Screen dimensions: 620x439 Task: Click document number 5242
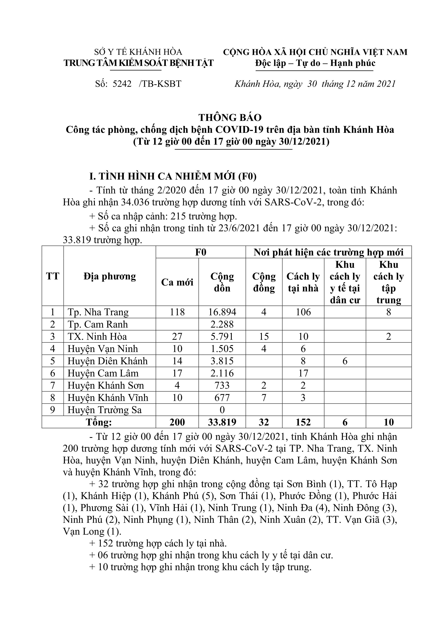pos(122,84)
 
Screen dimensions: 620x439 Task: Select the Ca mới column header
pos(177,282)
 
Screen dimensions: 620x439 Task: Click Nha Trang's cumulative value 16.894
pos(222,312)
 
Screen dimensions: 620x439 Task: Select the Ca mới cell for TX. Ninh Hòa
pos(177,336)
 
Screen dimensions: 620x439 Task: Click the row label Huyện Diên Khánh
pos(107,361)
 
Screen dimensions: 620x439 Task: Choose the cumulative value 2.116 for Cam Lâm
pos(222,373)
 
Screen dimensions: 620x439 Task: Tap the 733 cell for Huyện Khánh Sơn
pos(222,385)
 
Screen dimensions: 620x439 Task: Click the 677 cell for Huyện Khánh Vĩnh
pos(222,398)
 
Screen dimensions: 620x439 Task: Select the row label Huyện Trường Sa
pos(104,410)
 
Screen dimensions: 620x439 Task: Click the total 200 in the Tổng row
pos(177,422)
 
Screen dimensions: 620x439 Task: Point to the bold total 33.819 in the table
pos(222,422)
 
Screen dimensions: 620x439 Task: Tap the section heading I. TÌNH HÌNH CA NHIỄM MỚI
pos(173,176)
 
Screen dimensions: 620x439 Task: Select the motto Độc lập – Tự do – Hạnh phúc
pos(315,63)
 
